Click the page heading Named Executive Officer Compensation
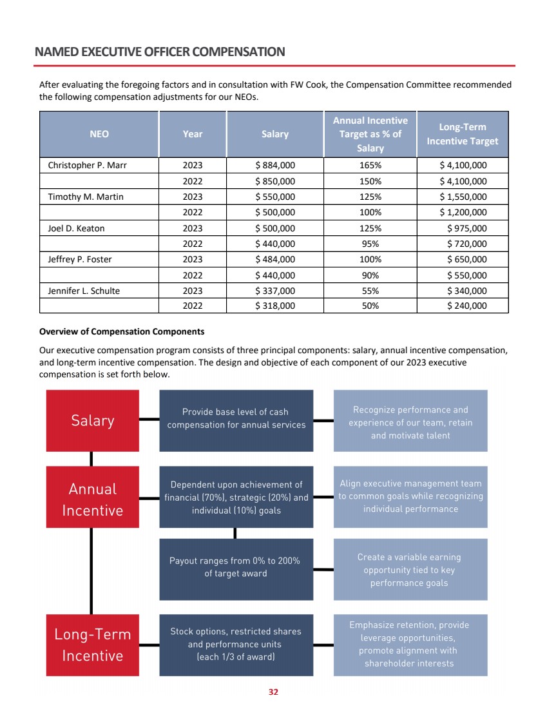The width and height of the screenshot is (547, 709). (x=160, y=52)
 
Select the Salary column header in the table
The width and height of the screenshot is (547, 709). (x=275, y=134)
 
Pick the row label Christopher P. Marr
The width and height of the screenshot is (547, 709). (x=88, y=165)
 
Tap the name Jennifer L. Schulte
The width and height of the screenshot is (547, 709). (x=84, y=291)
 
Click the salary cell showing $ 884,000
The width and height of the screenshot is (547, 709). (x=275, y=165)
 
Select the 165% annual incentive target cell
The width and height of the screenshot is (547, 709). (x=370, y=165)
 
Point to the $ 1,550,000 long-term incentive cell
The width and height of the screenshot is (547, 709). (x=463, y=197)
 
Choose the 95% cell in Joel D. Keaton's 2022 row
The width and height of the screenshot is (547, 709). (x=370, y=244)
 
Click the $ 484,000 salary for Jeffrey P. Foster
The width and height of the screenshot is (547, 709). (x=275, y=260)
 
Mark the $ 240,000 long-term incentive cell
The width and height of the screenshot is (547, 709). (x=466, y=306)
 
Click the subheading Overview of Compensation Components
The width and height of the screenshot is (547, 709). (x=122, y=332)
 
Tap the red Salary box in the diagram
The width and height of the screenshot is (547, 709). (x=92, y=421)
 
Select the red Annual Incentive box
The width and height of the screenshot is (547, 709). (x=92, y=500)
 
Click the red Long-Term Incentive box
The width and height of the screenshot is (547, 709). (x=92, y=645)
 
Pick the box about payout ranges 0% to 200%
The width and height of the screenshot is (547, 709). (x=236, y=567)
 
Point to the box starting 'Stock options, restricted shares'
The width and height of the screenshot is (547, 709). (x=236, y=644)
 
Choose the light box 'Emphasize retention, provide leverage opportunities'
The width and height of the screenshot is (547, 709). (x=410, y=644)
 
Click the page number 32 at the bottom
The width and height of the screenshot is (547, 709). (x=273, y=692)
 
